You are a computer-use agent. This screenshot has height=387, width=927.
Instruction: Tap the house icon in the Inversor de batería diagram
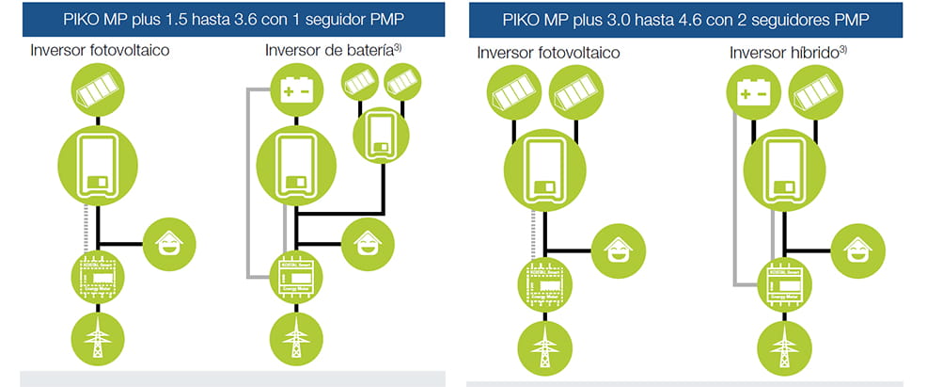pos(367,242)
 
